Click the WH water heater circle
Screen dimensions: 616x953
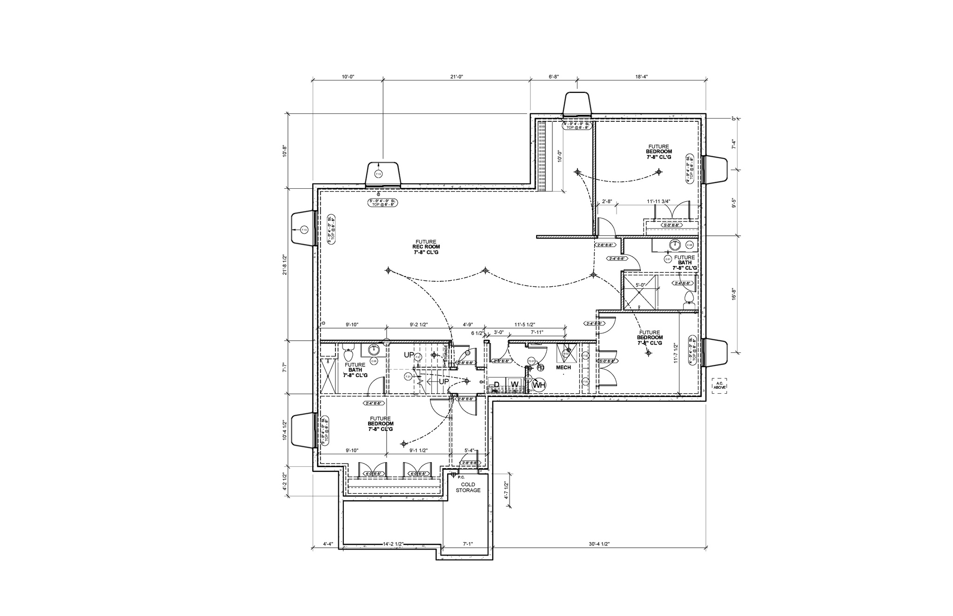[x=538, y=384]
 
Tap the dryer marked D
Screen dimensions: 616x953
[x=497, y=384]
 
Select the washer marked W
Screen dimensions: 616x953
[x=514, y=384]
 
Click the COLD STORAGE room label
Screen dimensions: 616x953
[x=468, y=487]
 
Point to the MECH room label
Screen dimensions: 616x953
[x=563, y=367]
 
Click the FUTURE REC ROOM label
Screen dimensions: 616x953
[x=426, y=247]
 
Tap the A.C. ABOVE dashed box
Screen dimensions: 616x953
[x=719, y=385]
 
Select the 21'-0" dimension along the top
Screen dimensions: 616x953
[x=456, y=77]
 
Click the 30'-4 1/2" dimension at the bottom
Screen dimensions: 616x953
[x=599, y=543]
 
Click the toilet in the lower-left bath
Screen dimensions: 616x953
[x=347, y=356]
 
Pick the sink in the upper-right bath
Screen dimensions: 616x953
[x=675, y=245]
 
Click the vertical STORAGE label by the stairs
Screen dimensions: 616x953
[x=446, y=354]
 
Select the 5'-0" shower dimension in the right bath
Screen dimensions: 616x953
[x=640, y=285]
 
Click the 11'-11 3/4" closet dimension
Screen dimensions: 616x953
[x=658, y=201]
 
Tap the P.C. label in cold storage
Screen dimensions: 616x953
[x=461, y=477]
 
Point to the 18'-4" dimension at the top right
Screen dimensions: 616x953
[x=641, y=77]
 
